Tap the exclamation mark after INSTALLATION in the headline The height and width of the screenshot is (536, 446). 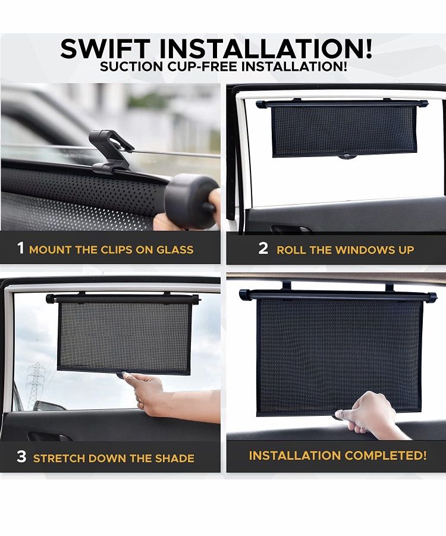(x=368, y=49)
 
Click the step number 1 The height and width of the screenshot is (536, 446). (x=21, y=248)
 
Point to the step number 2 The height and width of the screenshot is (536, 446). (x=263, y=248)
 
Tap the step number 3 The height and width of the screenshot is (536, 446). (x=21, y=456)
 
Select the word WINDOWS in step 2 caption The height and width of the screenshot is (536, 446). (x=365, y=250)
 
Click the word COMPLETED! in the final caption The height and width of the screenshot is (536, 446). (x=385, y=455)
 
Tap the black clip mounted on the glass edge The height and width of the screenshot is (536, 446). (x=109, y=151)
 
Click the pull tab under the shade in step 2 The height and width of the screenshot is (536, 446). (x=347, y=157)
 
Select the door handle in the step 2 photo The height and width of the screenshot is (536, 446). (x=291, y=228)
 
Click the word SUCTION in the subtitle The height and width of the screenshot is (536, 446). (x=131, y=66)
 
